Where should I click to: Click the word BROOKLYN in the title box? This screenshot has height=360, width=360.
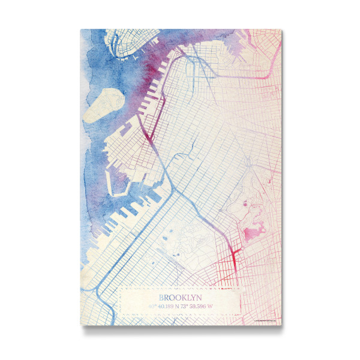pos(180,297)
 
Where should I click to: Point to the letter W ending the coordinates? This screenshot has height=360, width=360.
pos(211,307)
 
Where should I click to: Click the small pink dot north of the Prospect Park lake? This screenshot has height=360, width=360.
pos(244,206)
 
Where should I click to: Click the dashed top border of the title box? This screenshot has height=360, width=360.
pos(180,287)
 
